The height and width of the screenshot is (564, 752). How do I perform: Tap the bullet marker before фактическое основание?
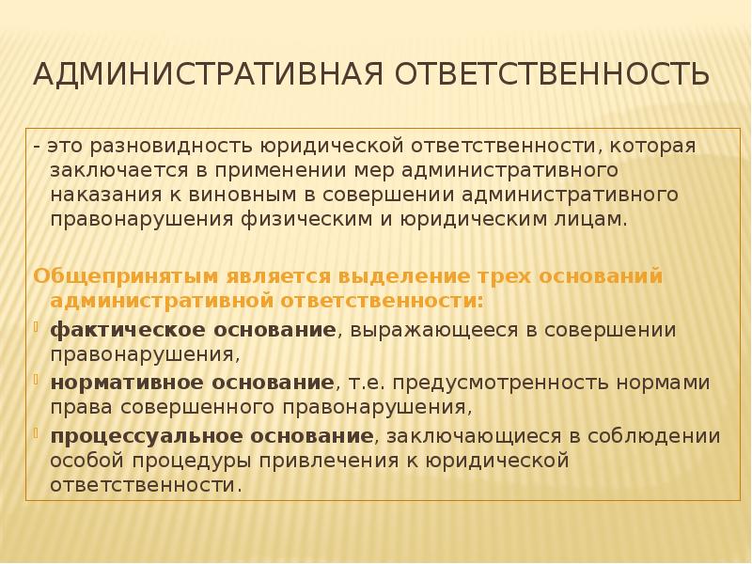point(38,328)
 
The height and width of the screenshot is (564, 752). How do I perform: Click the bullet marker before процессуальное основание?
point(38,434)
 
